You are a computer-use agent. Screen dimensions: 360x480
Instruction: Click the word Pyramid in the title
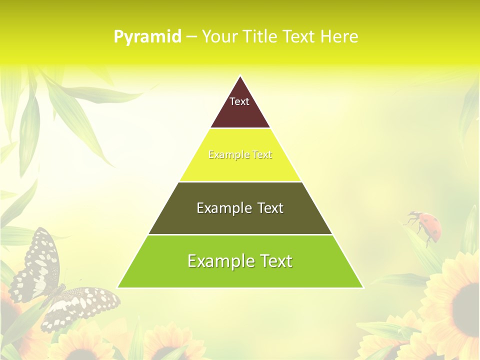pyautogui.click(x=147, y=37)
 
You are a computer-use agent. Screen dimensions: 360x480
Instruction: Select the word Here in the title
pyautogui.click(x=339, y=37)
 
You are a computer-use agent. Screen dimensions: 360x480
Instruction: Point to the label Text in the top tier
pyautogui.click(x=239, y=101)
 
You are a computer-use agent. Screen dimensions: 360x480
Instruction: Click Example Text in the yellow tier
pyautogui.click(x=240, y=154)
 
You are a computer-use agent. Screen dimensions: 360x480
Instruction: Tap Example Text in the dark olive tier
pyautogui.click(x=240, y=208)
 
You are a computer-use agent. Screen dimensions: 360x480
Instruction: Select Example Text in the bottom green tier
pyautogui.click(x=240, y=261)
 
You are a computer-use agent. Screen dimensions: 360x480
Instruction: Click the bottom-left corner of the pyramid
pyautogui.click(x=118, y=287)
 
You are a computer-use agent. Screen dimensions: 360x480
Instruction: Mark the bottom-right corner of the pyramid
pyautogui.click(x=363, y=287)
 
